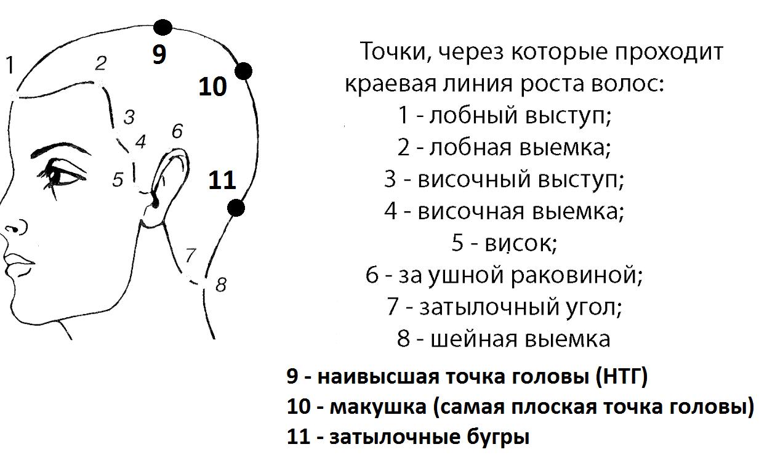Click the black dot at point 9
point(163,28)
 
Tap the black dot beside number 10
point(243,71)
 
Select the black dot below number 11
point(236,208)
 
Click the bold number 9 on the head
point(159,54)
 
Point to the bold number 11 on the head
point(222,180)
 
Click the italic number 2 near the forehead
point(101,63)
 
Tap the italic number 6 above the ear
point(177,131)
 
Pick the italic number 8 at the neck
point(221,284)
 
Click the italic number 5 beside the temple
point(118,179)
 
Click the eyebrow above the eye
point(60,150)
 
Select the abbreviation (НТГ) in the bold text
point(622,376)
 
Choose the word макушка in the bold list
point(378,408)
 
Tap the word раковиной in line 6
point(576,275)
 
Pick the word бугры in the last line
point(498,437)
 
